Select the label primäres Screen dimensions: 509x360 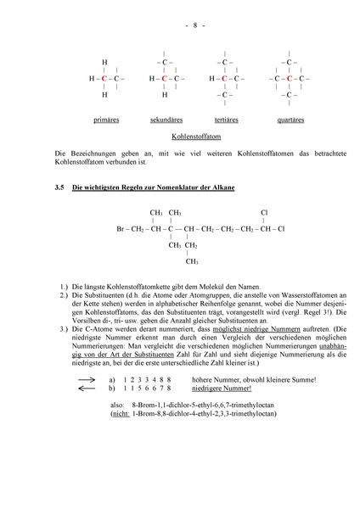coord(106,120)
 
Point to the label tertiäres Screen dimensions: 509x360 coord(225,120)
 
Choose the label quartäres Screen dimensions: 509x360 coord(290,120)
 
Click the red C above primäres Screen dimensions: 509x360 coord(104,78)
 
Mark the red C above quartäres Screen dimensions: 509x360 coord(289,78)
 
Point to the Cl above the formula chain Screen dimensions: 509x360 coord(264,213)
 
